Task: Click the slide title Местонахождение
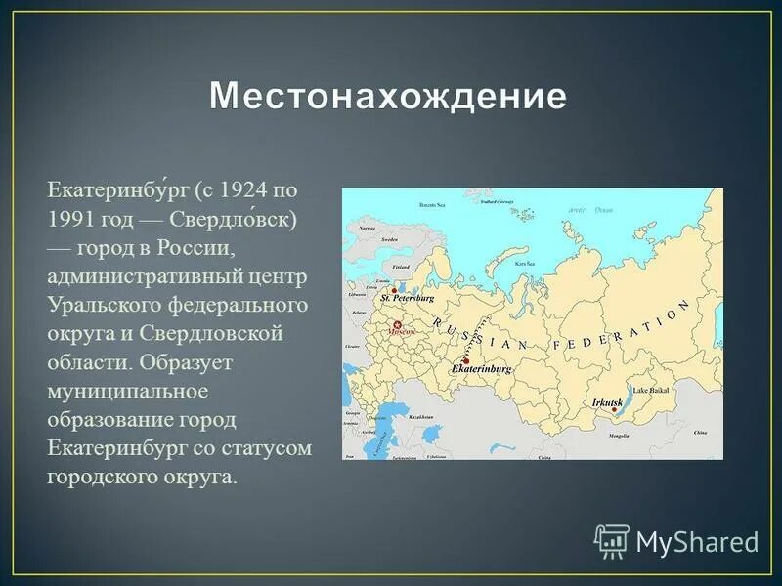click(x=388, y=97)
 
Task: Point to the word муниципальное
click(x=128, y=391)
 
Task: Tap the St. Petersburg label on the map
click(x=408, y=297)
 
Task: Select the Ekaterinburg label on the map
click(x=482, y=371)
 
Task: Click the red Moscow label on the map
click(x=403, y=332)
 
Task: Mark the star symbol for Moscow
click(x=398, y=324)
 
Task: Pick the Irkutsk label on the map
click(x=606, y=402)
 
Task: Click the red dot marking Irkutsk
click(x=615, y=410)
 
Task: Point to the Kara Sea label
click(x=525, y=264)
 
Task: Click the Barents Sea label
click(x=431, y=206)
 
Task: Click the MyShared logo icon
click(x=612, y=540)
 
